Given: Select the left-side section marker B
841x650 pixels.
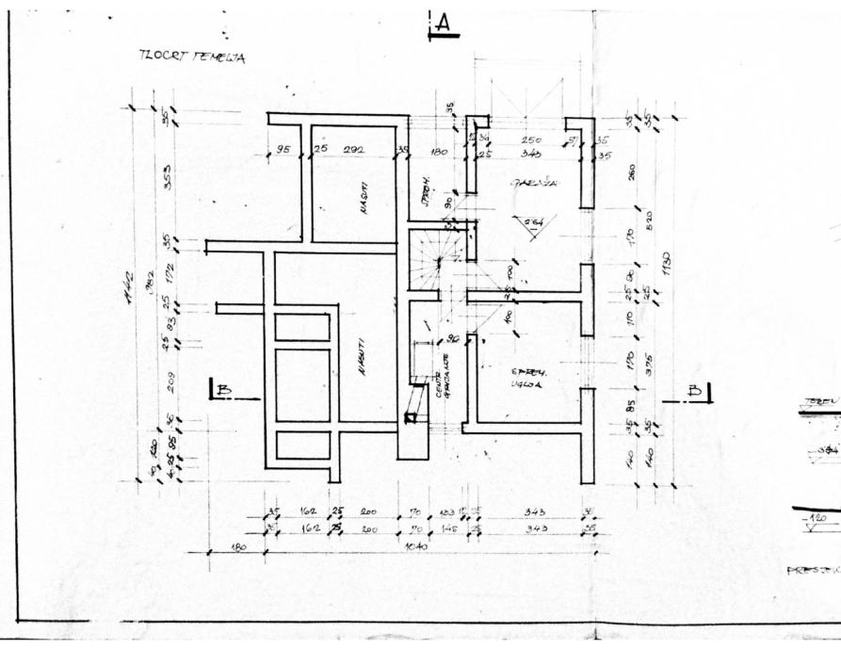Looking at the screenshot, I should click(x=223, y=389).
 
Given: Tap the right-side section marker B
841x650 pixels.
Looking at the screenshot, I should click(x=696, y=390).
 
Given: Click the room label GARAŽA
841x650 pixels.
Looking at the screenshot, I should click(x=535, y=185).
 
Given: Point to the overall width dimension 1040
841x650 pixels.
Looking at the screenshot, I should click(x=414, y=545).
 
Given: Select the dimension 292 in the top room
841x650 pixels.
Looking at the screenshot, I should click(x=353, y=148).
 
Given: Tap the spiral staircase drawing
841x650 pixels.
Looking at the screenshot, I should click(x=435, y=256).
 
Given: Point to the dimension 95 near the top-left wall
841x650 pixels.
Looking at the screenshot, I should click(x=282, y=148).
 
